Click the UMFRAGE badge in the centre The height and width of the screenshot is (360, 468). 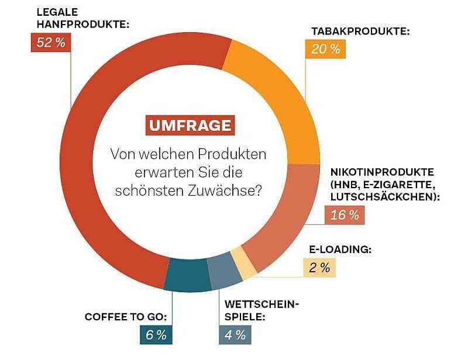pos(188,126)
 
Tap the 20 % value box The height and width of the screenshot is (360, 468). pos(325,49)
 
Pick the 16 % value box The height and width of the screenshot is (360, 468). pos(345,215)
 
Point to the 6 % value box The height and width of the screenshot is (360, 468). pos(155,335)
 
